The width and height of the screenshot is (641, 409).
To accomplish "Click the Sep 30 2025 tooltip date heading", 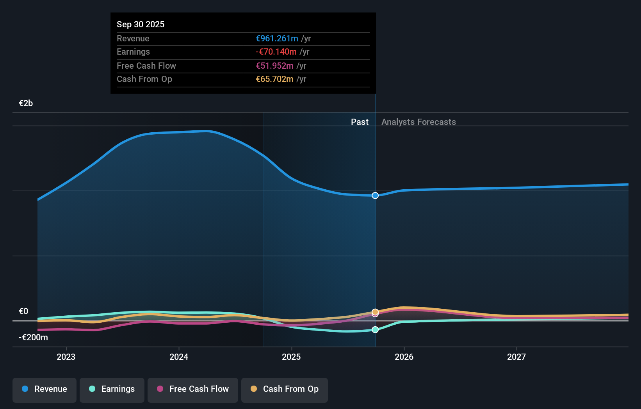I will pyautogui.click(x=141, y=24).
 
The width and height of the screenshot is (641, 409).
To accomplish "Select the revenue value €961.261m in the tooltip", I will pyautogui.click(x=277, y=38).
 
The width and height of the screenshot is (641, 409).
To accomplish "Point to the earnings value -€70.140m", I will pyautogui.click(x=276, y=52).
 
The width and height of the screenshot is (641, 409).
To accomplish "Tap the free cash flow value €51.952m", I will pyautogui.click(x=274, y=66).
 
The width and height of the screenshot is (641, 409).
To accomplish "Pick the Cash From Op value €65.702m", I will pyautogui.click(x=274, y=79).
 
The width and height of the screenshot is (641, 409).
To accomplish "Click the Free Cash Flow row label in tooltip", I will pyautogui.click(x=146, y=66).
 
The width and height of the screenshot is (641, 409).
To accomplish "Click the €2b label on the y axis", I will pyautogui.click(x=26, y=103).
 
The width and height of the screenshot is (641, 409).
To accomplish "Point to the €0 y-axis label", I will pyautogui.click(x=23, y=311).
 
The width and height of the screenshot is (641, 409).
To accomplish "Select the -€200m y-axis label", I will pyautogui.click(x=33, y=337).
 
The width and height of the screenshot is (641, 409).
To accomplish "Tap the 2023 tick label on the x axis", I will pyautogui.click(x=66, y=357).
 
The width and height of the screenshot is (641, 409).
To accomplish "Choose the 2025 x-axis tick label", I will pyautogui.click(x=291, y=357).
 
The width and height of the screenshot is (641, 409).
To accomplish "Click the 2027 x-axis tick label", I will pyautogui.click(x=516, y=357).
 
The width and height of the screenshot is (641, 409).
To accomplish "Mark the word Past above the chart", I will pyautogui.click(x=360, y=122).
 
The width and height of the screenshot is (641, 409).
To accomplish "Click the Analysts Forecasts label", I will pyautogui.click(x=418, y=122).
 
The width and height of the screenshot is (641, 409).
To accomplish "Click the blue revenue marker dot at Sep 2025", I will pyautogui.click(x=375, y=196).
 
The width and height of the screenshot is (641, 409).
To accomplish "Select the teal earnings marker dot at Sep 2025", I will pyautogui.click(x=375, y=330).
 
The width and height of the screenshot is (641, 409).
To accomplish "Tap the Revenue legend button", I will pyautogui.click(x=45, y=389).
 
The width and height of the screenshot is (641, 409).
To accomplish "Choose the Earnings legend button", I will pyautogui.click(x=112, y=389).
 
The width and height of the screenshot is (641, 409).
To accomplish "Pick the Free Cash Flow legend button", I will pyautogui.click(x=193, y=389).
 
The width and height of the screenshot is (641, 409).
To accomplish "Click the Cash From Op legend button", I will pyautogui.click(x=285, y=389).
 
